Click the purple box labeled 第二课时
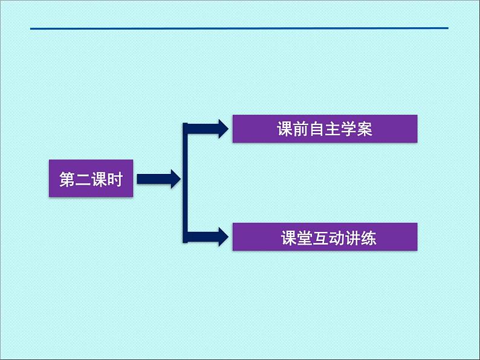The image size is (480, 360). (x=90, y=179)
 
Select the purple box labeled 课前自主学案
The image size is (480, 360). (x=325, y=129)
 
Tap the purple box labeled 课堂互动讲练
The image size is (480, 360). (x=325, y=237)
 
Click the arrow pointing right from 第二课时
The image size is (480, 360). (x=158, y=179)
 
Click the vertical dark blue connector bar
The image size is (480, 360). (x=186, y=181)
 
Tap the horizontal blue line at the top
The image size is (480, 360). (x=239, y=28)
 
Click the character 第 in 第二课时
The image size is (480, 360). (x=66, y=179)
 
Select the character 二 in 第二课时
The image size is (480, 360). (x=82, y=179)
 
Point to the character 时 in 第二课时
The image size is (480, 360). (x=114, y=179)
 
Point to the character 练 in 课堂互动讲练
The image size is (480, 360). (x=368, y=238)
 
